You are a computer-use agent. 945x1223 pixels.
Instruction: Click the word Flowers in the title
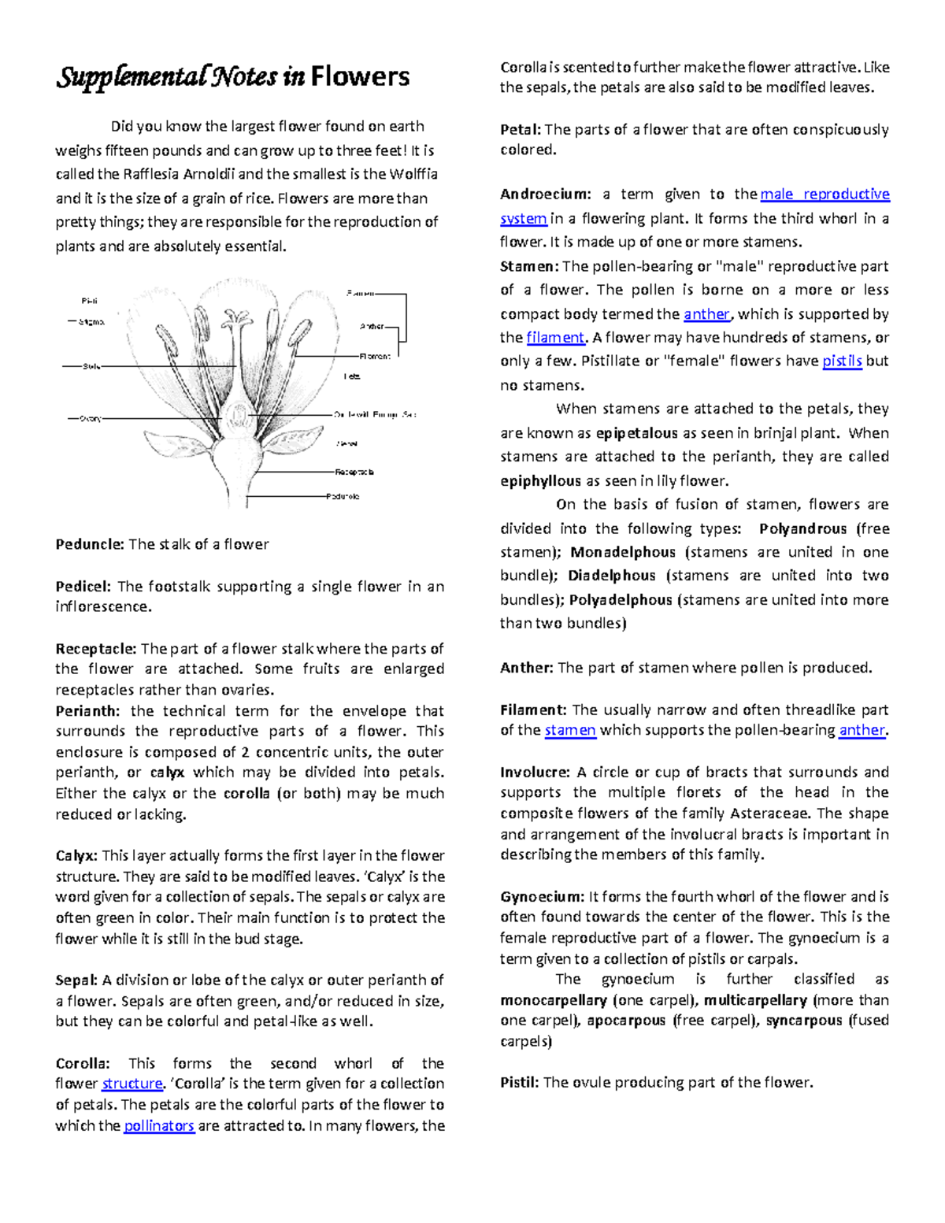click(x=360, y=77)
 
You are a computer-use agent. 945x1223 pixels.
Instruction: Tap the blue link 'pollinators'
click(x=159, y=1125)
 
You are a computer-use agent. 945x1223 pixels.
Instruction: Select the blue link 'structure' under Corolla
click(x=132, y=1084)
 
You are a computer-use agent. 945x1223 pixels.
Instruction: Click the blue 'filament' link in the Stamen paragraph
click(x=555, y=338)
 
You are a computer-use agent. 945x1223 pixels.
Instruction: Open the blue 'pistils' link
click(x=842, y=361)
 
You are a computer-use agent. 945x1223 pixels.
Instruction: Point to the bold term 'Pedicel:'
click(x=83, y=587)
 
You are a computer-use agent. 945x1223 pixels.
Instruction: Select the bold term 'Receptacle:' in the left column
click(x=96, y=649)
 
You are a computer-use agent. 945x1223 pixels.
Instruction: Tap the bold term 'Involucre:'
click(x=535, y=772)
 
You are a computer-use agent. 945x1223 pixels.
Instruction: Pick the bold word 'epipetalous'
click(x=636, y=433)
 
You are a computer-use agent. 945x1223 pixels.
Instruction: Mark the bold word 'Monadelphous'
click(x=623, y=552)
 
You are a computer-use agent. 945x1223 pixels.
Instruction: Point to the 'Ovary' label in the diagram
click(x=90, y=419)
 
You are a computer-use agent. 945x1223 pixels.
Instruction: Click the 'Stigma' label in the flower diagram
click(x=91, y=322)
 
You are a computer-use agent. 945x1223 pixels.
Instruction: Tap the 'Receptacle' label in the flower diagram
click(x=354, y=473)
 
